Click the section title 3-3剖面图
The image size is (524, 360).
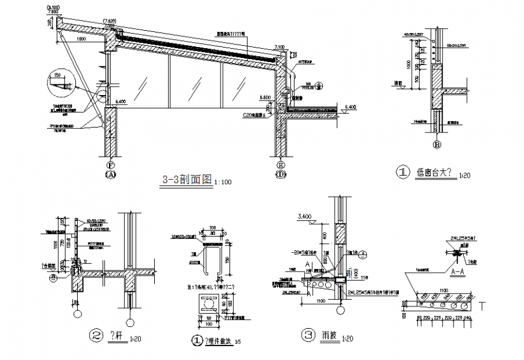point(186,179)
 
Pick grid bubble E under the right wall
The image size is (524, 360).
point(280,164)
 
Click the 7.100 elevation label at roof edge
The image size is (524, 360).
point(279,46)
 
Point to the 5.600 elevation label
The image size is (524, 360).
point(265,96)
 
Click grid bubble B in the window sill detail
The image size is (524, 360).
point(437,144)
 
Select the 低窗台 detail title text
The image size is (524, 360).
point(435,173)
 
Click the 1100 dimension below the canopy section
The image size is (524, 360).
point(319,300)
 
